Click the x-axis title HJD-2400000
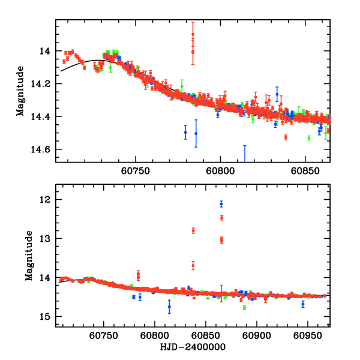pos(193,347)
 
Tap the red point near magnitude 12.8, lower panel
pos(193,230)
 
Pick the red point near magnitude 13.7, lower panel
pos(193,265)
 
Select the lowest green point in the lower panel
pos(244,308)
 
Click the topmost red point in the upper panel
pos(193,34)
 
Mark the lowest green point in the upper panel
pos(308,138)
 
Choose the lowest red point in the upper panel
pos(286,137)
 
